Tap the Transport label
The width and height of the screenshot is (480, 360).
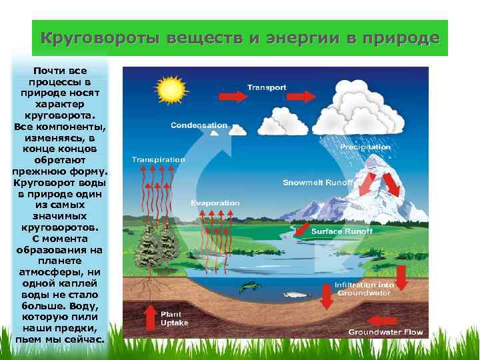pos(267,87)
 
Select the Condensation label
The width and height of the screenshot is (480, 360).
pos(199,125)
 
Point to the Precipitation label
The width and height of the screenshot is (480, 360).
pos(365,147)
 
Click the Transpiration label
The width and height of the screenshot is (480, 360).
pos(158,160)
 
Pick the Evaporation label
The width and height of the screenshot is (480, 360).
pos(215,203)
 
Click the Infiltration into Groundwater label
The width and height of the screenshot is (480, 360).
pos(364,288)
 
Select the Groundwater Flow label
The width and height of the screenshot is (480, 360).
pos(385,331)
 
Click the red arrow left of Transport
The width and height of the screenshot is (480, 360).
pos(231,96)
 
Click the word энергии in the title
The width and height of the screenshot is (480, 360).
pos(295,38)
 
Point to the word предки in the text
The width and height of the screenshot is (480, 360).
pos(77,329)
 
